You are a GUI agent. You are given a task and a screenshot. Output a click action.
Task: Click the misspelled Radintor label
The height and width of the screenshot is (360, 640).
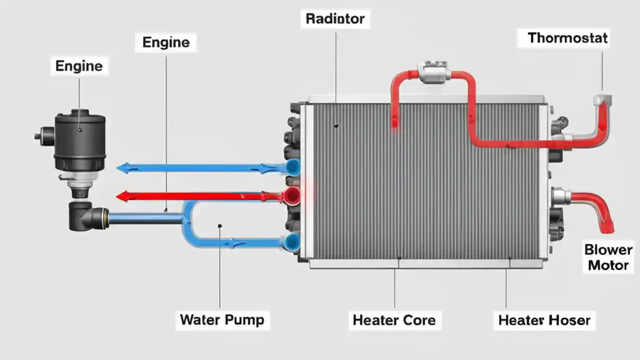[x=335, y=19]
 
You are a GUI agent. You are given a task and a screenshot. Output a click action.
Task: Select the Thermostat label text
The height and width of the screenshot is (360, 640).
[x=567, y=37]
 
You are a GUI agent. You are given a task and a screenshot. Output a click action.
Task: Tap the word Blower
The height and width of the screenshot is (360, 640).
[x=608, y=249]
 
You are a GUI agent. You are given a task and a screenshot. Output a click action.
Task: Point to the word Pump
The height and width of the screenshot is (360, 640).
[x=245, y=319]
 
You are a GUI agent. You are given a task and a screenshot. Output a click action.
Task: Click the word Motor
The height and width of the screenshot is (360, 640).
[x=608, y=265]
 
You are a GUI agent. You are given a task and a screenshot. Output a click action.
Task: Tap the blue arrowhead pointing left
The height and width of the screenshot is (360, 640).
[x=121, y=168]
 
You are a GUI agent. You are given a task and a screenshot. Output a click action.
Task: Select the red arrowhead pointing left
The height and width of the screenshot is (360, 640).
[x=121, y=196]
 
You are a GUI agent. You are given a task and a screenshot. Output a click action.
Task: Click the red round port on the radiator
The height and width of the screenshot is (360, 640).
[x=292, y=195]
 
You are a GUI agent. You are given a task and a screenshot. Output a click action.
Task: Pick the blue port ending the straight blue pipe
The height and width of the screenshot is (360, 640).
[x=293, y=167]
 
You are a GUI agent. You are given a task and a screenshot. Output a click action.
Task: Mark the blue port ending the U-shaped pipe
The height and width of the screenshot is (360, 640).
[x=292, y=242]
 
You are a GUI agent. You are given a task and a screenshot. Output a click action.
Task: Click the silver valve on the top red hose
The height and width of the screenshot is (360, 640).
[x=434, y=73]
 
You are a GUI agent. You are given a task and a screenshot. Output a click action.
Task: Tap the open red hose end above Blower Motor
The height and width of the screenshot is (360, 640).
[x=607, y=228]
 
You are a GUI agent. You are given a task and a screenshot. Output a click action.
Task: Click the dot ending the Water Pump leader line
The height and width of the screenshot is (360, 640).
[x=219, y=226]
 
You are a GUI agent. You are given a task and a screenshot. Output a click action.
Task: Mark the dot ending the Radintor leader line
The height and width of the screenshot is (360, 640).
[x=336, y=125]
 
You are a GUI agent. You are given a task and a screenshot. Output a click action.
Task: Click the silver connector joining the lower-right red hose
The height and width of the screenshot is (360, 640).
[x=561, y=196]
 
